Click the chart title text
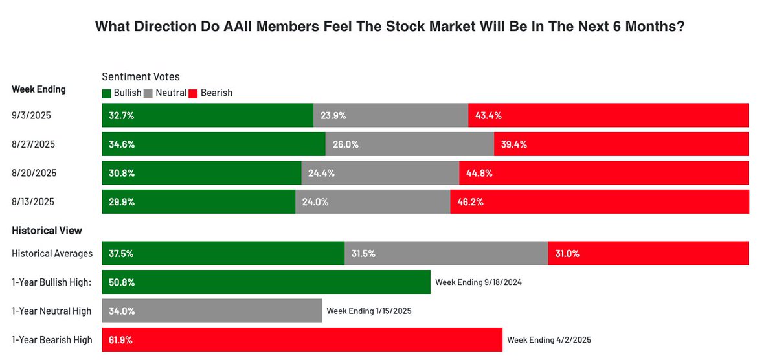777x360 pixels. point(390,27)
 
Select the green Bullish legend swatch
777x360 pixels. point(107,93)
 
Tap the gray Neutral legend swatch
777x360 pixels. point(149,93)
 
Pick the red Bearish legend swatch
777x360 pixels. point(193,93)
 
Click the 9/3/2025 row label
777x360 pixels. point(31,115)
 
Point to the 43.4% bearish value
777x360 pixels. point(488,115)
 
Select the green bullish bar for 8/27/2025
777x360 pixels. point(214,144)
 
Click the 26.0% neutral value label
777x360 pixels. point(346,144)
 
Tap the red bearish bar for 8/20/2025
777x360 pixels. point(603,173)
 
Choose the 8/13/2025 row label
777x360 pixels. point(34,202)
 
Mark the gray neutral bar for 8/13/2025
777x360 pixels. point(373,202)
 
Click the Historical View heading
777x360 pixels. point(47,231)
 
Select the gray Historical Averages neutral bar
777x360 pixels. point(446,253)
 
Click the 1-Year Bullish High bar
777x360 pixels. point(265,282)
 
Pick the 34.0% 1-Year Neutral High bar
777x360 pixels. point(212,311)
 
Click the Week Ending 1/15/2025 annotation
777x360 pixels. point(369,311)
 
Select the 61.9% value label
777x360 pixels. point(121,339)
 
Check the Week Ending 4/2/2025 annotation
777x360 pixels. point(549,339)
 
